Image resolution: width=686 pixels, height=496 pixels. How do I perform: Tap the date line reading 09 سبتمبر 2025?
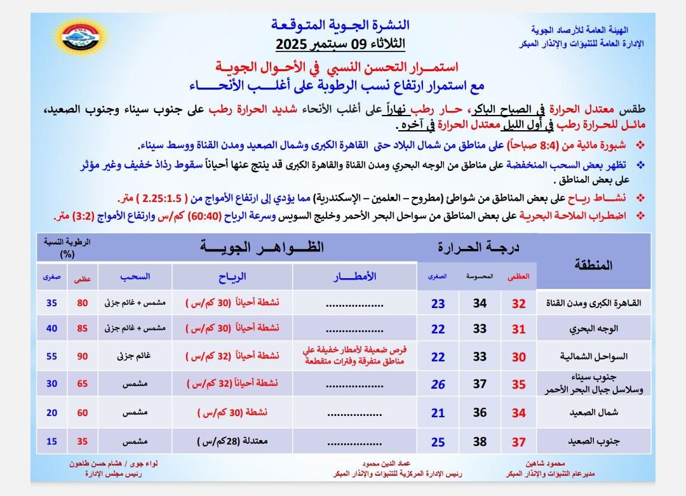tap(340, 45)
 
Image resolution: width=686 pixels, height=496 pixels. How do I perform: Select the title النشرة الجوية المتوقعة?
tap(340, 25)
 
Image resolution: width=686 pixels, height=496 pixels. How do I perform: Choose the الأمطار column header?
tap(355, 277)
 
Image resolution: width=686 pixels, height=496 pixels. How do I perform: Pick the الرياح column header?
tap(232, 277)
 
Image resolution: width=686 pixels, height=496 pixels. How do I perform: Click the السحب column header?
tap(135, 277)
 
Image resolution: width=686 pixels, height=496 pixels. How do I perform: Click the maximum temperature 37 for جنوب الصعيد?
tap(519, 441)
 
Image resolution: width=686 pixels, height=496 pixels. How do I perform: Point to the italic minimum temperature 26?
tap(438, 384)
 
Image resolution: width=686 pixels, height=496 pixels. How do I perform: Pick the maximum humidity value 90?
tap(83, 357)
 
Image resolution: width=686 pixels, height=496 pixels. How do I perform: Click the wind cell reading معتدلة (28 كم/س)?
tap(232, 441)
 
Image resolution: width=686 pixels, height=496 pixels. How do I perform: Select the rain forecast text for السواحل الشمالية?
tap(355, 357)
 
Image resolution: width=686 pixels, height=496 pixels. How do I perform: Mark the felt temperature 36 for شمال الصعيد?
tap(480, 413)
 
